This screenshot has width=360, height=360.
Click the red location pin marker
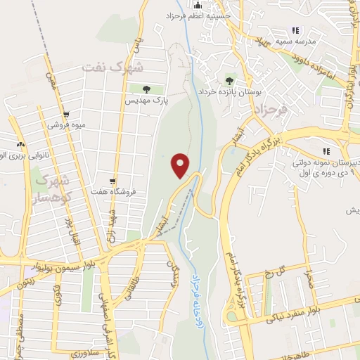point(181,166)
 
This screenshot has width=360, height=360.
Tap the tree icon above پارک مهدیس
point(146,89)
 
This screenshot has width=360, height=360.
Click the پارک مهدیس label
point(145,102)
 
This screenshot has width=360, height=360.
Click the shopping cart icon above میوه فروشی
point(66,114)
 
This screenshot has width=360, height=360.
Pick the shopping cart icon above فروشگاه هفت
point(112,181)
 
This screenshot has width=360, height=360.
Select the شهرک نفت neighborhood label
point(112,68)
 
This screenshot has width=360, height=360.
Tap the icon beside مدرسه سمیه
point(295,31)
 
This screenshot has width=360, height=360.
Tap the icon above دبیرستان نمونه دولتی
point(326,151)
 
